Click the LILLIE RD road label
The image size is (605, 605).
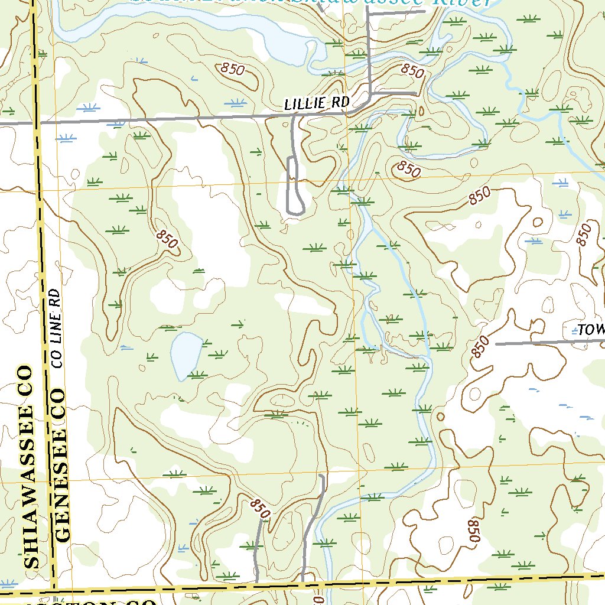(x=317, y=103)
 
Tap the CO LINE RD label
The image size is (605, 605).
(x=57, y=328)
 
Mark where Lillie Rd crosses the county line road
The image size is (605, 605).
(x=38, y=123)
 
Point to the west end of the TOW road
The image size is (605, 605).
(x=496, y=343)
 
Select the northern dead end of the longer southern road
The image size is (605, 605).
(x=322, y=476)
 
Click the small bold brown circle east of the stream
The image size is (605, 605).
(x=440, y=417)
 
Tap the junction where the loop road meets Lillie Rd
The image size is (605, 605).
(x=294, y=116)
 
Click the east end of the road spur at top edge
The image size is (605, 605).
(x=423, y=11)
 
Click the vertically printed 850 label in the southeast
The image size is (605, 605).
(x=472, y=531)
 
